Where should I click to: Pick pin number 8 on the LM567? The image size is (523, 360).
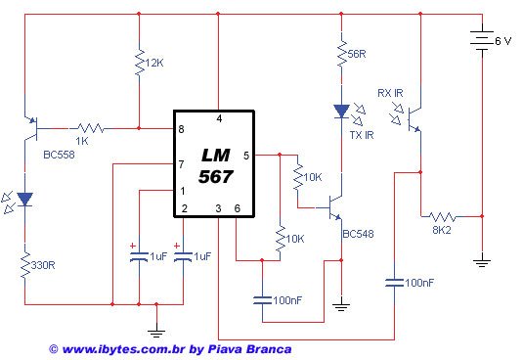click(x=181, y=130)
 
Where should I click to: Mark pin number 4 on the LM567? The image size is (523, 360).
click(x=219, y=118)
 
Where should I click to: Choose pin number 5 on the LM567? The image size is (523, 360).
click(x=245, y=155)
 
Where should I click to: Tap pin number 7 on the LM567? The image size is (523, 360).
click(x=181, y=163)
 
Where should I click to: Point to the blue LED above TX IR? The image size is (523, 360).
click(x=341, y=112)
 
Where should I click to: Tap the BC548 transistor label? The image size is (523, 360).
click(x=359, y=234)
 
